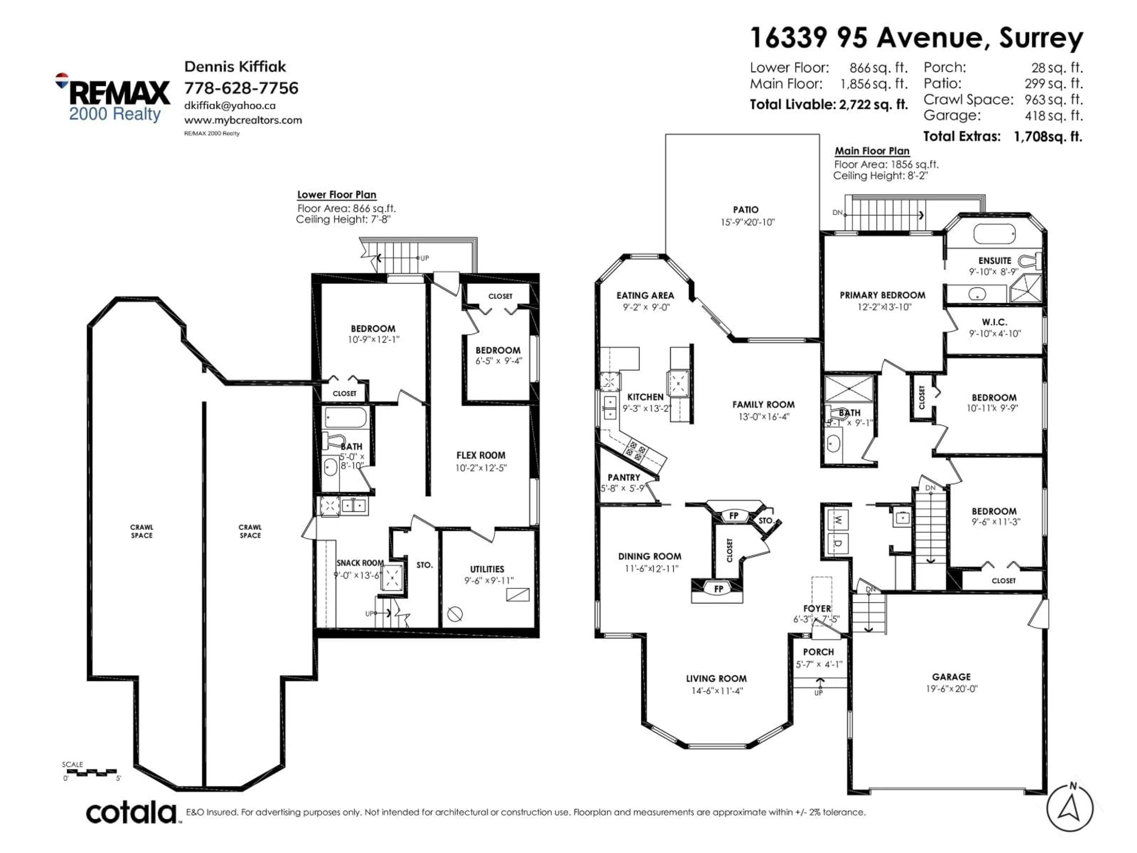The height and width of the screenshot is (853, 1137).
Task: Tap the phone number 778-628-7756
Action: coord(241,88)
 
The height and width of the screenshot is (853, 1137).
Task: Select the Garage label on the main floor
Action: coord(951,677)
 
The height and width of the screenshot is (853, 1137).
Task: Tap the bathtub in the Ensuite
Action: coord(994,235)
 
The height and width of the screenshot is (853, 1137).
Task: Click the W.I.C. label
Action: coord(994,322)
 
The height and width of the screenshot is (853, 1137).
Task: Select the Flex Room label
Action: coord(481,455)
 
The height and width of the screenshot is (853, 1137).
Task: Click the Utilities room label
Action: coord(487,569)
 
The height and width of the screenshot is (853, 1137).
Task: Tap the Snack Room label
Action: coord(360,563)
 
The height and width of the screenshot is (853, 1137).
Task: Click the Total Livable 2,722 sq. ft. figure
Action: coord(828,104)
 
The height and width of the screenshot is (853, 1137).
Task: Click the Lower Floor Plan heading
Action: coord(337,195)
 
